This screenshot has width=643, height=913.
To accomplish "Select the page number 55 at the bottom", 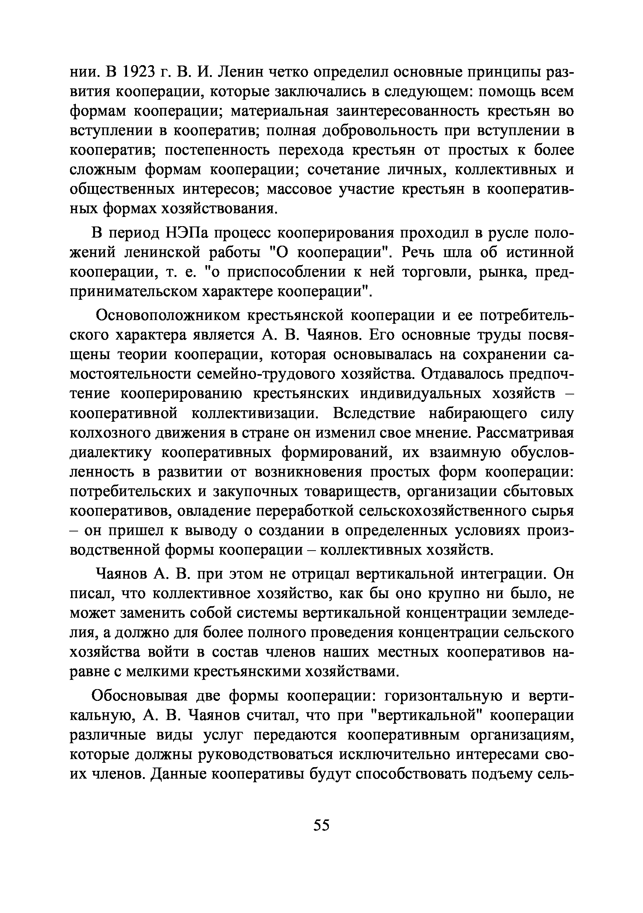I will (x=321, y=825).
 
